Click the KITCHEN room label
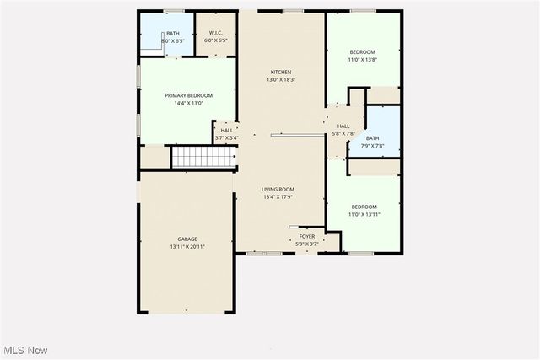coord(281,72)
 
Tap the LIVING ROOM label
coord(278,190)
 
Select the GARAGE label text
coord(187,239)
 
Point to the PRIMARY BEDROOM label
coord(188,95)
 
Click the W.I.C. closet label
coord(216,33)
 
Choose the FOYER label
coord(306,237)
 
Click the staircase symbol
coord(202,157)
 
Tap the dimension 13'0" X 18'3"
coord(281,80)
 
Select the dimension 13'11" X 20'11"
coord(187,247)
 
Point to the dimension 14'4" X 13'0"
coord(188,103)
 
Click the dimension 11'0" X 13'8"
coord(363,60)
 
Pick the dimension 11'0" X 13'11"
coord(364,214)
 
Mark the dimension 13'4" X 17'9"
coord(278,197)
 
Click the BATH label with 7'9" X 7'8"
coord(373,138)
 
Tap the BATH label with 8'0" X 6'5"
coord(172,33)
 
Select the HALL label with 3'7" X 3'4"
coord(227,131)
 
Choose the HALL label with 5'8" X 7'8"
coord(343,125)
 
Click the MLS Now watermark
coord(24,350)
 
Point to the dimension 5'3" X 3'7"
coord(306,244)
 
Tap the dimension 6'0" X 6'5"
coord(216,40)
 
